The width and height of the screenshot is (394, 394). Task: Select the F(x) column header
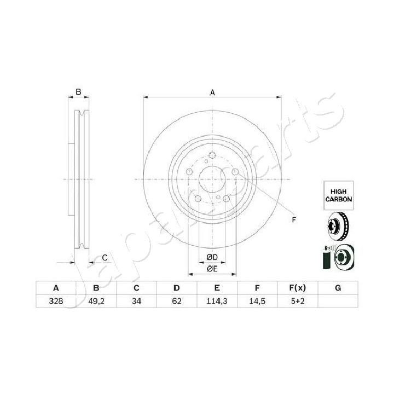298,288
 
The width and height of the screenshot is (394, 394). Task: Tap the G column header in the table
338,288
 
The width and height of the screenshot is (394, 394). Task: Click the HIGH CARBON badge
337,195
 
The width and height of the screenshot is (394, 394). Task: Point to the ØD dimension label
212,258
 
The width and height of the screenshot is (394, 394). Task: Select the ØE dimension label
212,269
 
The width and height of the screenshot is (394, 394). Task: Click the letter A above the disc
212,93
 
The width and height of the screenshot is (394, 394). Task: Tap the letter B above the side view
78,92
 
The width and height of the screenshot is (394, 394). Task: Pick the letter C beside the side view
105,258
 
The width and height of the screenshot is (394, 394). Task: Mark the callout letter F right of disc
294,220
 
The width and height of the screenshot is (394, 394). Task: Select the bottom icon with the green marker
336,257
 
